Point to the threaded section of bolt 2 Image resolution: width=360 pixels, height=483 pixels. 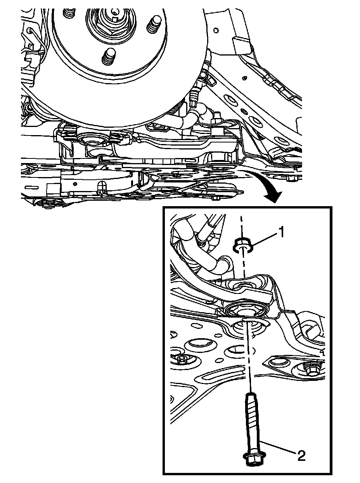(x=251, y=412)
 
